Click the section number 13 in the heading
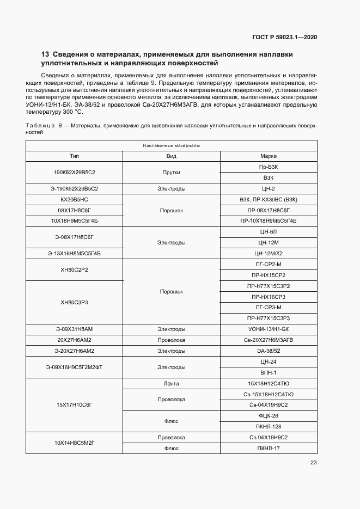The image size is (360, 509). coord(45,55)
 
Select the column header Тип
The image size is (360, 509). coord(74,156)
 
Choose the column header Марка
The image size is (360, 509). coord(269,156)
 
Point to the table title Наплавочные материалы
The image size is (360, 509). coord(171,146)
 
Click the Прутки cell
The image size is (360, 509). coord(172,172)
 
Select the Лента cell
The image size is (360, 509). coord(172,383)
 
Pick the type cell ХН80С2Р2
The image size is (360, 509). coord(74,269)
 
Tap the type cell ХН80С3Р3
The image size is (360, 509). coord(74,302)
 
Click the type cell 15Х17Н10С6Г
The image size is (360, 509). coord(74,405)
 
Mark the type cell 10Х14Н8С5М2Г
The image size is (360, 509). coord(74,443)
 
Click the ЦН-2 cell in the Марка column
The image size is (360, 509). coord(269,188)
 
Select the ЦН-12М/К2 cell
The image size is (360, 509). coord(269,254)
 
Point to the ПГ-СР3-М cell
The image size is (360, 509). coord(269,308)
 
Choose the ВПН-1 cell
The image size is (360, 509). coord(269,372)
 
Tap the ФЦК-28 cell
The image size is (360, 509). coord(269,416)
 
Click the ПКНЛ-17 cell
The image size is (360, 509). coord(269,449)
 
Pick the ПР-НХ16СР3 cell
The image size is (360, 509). coord(269,297)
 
